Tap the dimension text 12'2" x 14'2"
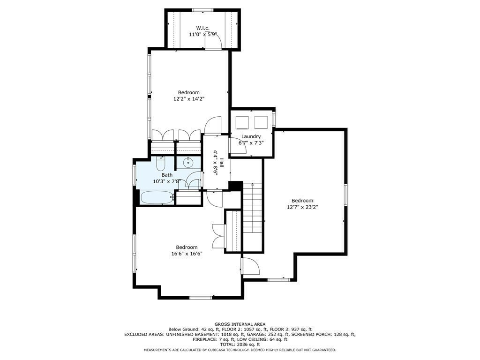(189, 99)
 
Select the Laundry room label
(251, 136)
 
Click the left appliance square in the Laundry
(242, 122)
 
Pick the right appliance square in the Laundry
(261, 122)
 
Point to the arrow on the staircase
(253, 185)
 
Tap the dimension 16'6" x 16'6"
(187, 254)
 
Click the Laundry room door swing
(234, 145)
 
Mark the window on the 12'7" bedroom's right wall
(345, 195)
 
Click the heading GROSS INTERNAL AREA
(240, 324)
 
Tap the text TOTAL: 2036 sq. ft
(240, 344)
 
